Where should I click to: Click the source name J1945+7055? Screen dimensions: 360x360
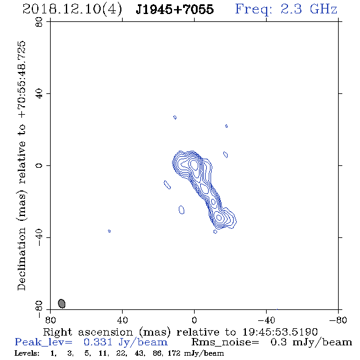click(x=175, y=9)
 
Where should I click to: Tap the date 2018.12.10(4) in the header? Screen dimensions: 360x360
click(x=72, y=10)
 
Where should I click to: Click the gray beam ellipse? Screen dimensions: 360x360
click(x=62, y=303)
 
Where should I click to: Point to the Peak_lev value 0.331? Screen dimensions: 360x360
click(x=98, y=342)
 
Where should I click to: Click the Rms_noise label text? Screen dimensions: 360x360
click(x=225, y=342)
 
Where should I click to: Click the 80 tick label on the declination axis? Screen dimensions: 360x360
click(x=39, y=22)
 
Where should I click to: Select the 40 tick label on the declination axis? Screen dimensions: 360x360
click(x=39, y=94)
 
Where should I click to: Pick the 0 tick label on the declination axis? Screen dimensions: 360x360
click(x=39, y=165)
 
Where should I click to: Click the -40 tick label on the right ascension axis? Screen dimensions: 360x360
click(x=266, y=320)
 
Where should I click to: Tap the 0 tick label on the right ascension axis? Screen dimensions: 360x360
click(x=194, y=320)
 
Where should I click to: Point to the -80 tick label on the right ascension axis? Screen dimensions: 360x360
click(x=338, y=320)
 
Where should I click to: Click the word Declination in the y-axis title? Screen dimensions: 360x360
click(x=21, y=259)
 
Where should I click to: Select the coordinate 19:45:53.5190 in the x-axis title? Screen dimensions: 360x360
click(x=280, y=332)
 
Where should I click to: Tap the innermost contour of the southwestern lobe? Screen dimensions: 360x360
click(x=219, y=217)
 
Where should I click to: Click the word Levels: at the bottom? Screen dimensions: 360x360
click(x=27, y=353)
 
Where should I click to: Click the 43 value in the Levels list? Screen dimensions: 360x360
click(x=139, y=353)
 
